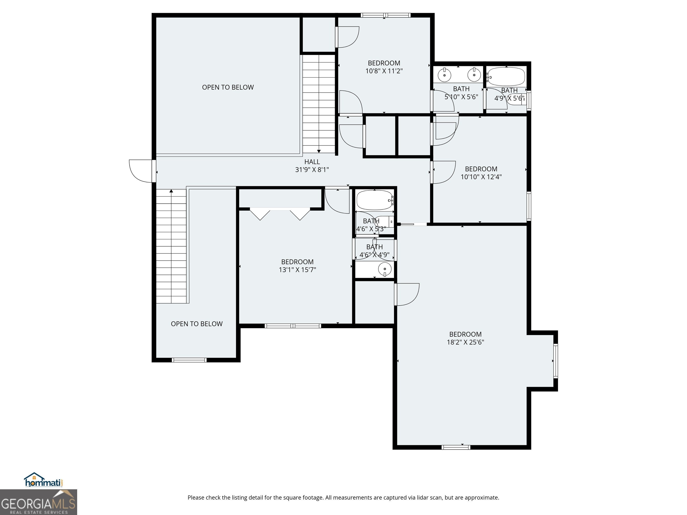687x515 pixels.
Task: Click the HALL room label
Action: tap(312, 162)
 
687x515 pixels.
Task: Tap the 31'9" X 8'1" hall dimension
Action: tap(312, 169)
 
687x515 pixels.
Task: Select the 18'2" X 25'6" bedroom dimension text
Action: tap(465, 342)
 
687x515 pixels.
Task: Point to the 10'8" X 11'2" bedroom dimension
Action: tap(384, 71)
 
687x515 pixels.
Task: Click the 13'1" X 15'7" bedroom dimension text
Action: tap(297, 269)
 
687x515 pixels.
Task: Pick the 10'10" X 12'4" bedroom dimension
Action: tap(481, 177)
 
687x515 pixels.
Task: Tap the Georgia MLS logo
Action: tap(38, 502)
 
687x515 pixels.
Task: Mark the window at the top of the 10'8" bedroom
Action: tap(385, 15)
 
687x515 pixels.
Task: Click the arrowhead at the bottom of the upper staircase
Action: tap(319, 151)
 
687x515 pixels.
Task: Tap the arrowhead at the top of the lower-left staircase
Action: tap(171, 191)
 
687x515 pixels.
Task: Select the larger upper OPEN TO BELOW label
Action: tap(228, 87)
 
